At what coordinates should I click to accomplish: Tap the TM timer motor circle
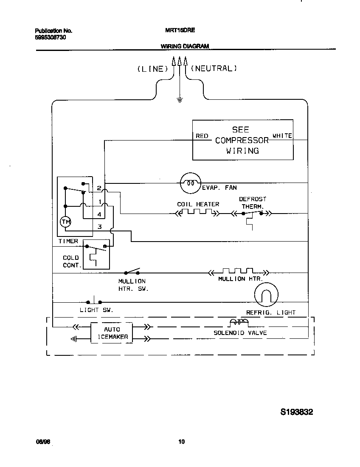pos(65,222)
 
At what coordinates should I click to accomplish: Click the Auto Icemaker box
pos(112,333)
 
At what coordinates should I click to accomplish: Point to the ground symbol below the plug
pos(180,100)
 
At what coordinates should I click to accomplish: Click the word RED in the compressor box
pos(202,136)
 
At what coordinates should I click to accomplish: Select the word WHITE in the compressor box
pos(282,136)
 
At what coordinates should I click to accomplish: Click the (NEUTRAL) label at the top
pos(214,68)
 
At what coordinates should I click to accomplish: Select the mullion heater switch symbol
pos(132,272)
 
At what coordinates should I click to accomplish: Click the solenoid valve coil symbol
pos(239,323)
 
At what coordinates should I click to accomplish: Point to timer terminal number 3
pos(99,227)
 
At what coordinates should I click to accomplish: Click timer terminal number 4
pos(99,214)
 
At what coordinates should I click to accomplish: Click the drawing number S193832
pos(297,412)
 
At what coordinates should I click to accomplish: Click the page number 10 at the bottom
pos(181,442)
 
